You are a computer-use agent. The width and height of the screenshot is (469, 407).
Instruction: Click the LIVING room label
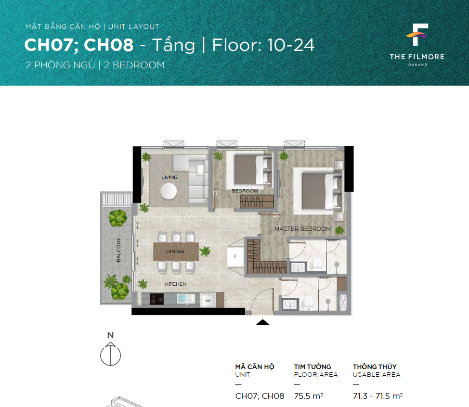coord(169,177)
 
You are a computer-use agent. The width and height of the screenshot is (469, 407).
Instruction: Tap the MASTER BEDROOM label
coord(302,229)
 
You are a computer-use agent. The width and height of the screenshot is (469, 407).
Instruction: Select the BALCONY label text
coord(118,250)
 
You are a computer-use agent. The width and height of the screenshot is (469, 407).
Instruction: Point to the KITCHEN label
coord(176,284)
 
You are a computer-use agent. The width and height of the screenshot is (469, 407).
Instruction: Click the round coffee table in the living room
coord(169,191)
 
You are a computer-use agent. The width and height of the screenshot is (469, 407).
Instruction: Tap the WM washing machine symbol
coord(208,300)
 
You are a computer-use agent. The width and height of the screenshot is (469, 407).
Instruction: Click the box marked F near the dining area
coord(235,256)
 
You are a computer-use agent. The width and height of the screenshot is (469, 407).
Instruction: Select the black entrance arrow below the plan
coord(262,322)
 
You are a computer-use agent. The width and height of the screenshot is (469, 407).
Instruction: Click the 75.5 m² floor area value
coord(308,396)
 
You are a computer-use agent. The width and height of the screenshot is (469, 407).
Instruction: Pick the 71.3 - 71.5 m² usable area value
coord(378,396)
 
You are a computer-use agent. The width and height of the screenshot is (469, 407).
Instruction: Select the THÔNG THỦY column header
coord(375,367)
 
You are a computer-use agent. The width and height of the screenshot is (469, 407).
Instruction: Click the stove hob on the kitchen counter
coord(156,299)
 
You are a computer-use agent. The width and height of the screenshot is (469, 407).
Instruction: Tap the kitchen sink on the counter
coord(186,299)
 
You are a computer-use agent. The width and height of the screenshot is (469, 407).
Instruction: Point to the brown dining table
coord(176,251)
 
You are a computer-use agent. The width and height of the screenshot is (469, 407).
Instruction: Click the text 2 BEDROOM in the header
coord(134,65)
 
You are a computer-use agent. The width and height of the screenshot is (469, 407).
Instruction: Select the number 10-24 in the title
coord(291,45)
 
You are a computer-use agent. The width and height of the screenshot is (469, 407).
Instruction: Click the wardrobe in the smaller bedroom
coord(257,202)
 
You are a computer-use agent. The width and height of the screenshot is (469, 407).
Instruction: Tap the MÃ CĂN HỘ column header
coord(255,367)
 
